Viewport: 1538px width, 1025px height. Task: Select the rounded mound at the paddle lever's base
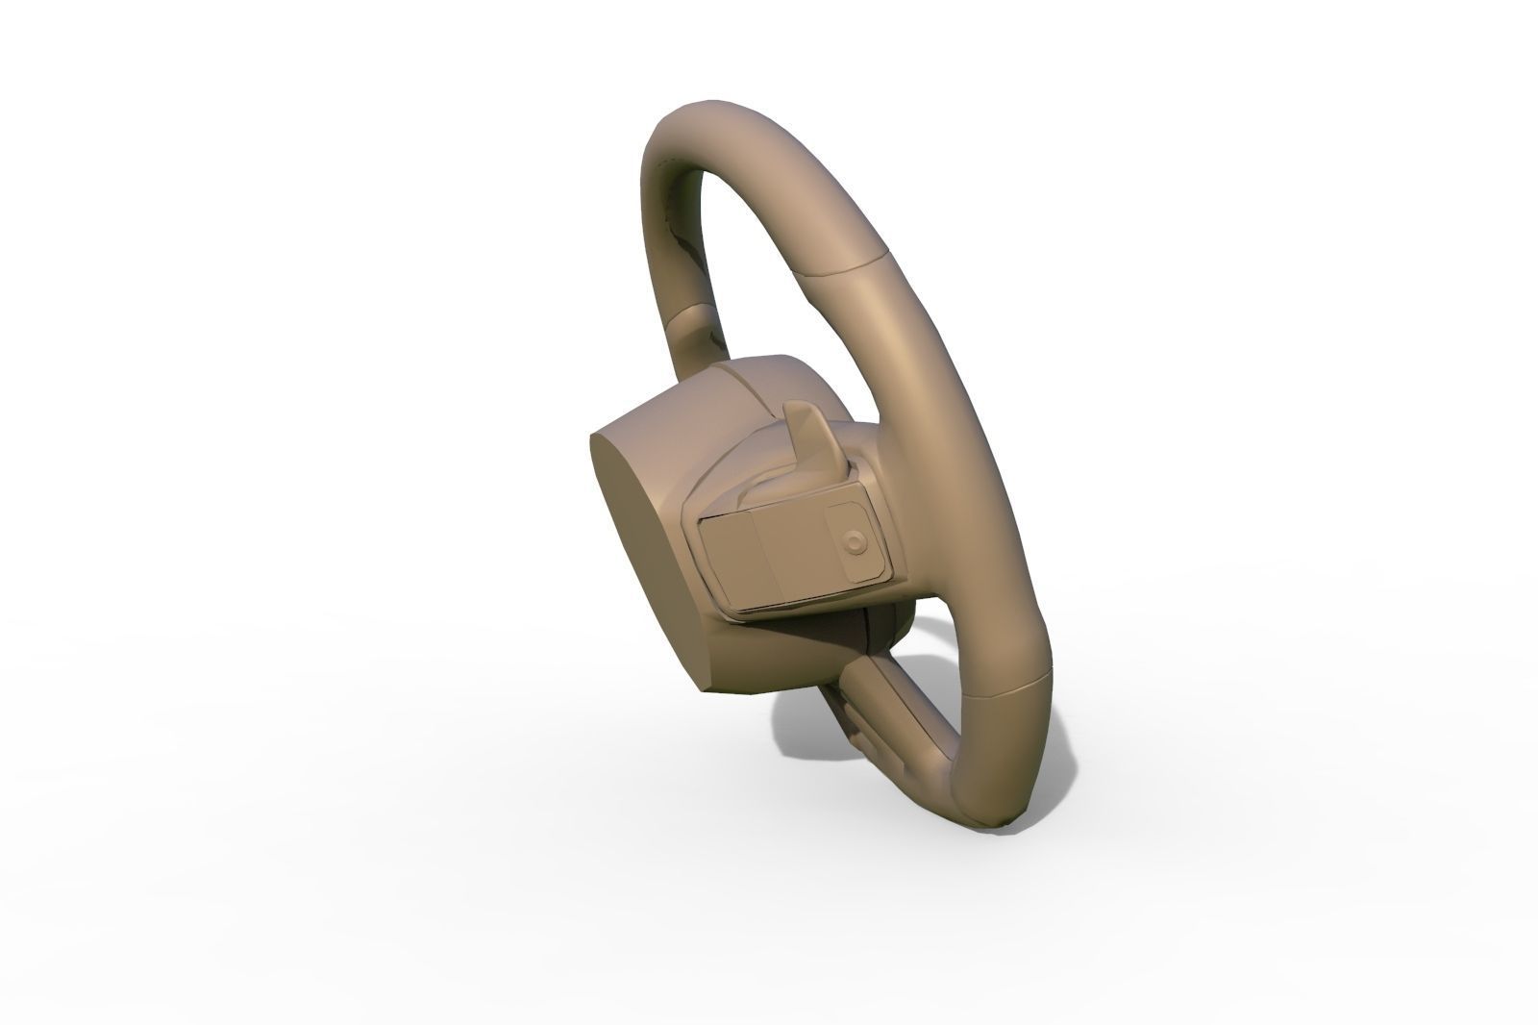coord(769,490)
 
